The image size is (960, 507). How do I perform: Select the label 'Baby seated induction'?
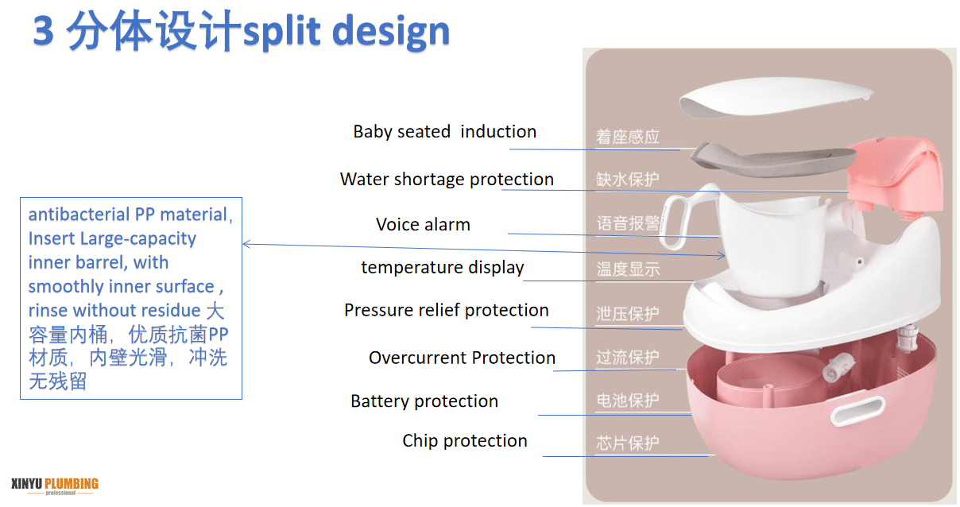tap(444, 132)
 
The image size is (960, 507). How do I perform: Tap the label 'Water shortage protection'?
tap(447, 180)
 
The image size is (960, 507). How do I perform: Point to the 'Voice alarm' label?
tap(423, 225)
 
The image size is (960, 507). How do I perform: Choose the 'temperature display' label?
tap(442, 268)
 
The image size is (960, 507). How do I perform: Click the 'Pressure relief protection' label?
tap(446, 310)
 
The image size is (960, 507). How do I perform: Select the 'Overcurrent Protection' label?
tap(462, 358)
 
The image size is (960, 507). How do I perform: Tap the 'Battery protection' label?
tap(424, 401)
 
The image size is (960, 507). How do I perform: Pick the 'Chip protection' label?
tap(465, 441)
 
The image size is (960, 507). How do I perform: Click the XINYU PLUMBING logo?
tap(55, 485)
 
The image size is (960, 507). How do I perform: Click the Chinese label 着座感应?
tap(628, 137)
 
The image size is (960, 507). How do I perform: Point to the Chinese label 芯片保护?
tap(628, 443)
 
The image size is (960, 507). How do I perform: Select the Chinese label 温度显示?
tap(628, 269)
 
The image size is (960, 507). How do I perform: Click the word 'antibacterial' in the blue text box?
tap(68, 215)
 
